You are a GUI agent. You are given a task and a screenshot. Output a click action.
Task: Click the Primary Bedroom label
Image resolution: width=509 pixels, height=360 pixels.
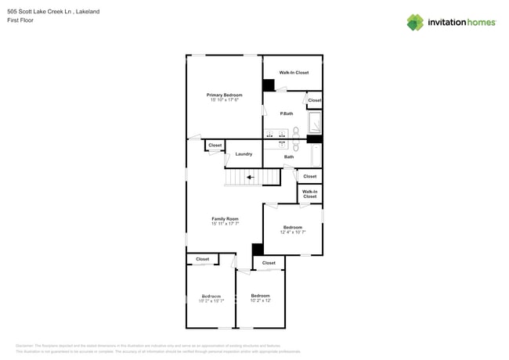point(225,95)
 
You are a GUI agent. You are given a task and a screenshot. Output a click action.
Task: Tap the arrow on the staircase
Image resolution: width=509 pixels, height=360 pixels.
point(251,178)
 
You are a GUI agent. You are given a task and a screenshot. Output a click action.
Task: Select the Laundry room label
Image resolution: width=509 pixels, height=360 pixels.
point(244,154)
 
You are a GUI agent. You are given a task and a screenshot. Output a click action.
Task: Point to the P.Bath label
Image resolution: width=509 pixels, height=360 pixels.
point(287,114)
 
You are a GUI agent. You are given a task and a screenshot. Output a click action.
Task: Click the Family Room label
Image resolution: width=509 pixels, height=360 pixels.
point(225,218)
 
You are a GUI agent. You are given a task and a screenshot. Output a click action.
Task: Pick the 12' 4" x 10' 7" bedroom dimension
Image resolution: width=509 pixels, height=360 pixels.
point(292,232)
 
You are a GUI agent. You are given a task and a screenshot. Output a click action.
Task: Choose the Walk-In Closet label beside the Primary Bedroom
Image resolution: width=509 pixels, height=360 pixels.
point(294,73)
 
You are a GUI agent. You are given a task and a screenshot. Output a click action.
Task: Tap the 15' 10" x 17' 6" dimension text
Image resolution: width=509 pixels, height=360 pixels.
point(225,100)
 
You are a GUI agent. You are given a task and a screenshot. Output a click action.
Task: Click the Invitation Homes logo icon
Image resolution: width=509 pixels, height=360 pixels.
point(415,22)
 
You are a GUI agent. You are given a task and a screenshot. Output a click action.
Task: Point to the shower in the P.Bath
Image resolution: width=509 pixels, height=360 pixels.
point(315,123)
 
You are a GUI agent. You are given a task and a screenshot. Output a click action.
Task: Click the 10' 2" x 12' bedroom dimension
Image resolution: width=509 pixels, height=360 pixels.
point(261,301)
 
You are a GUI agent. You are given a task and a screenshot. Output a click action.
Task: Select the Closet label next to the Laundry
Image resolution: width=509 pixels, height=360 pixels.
point(215,145)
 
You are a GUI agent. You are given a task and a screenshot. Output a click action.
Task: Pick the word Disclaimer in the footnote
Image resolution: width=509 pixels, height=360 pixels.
point(28,345)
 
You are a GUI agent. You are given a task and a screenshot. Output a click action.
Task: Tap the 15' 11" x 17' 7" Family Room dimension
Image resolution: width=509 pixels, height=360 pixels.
point(225,224)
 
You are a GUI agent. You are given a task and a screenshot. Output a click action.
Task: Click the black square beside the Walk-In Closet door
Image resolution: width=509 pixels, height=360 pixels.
point(268,85)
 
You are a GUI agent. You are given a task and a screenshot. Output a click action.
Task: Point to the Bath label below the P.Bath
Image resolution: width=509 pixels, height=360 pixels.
point(289,157)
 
